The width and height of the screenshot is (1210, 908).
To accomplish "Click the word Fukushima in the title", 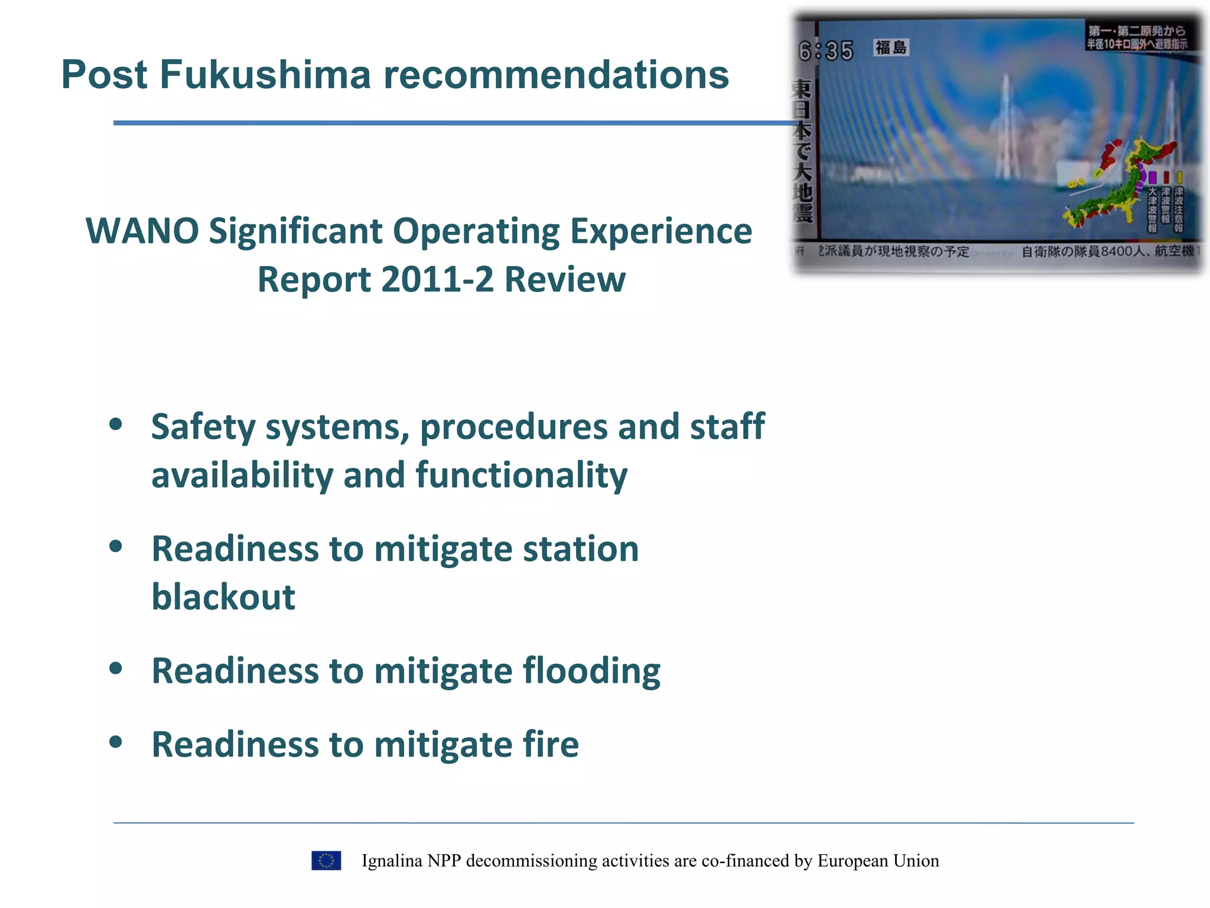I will (265, 75).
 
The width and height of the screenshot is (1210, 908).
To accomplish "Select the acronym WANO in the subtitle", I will (142, 231).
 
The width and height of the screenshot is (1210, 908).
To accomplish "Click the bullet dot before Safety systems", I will (116, 424).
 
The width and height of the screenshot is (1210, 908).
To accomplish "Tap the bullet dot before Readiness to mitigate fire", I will (116, 741).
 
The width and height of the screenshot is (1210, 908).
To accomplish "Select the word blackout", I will (223, 596).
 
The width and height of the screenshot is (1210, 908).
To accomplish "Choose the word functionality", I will (521, 475).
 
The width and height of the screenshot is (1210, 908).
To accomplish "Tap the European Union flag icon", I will (326, 861).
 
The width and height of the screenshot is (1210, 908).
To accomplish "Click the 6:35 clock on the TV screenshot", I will (826, 51).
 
